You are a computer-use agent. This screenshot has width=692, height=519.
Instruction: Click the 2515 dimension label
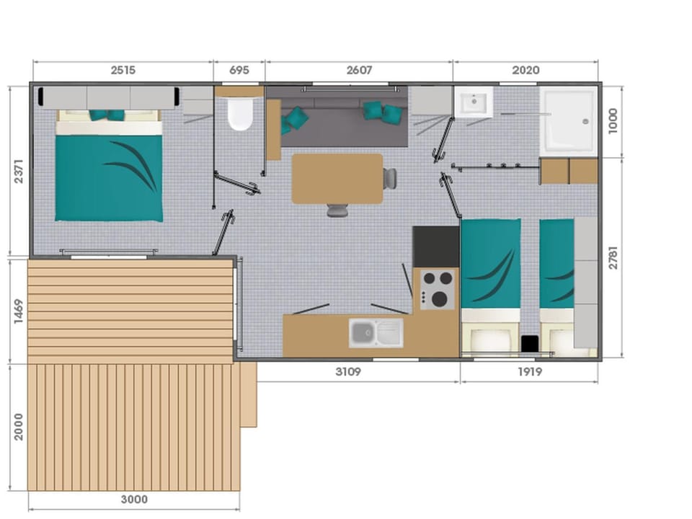[x=123, y=70]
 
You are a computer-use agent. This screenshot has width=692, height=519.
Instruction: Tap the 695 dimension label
[x=239, y=70]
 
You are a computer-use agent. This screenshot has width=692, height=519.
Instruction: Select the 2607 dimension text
[x=359, y=70]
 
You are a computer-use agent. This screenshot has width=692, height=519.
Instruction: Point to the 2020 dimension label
[x=525, y=70]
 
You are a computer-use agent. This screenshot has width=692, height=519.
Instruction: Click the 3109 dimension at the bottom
[x=348, y=372]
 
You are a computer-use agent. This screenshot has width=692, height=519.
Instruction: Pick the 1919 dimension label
[x=530, y=372]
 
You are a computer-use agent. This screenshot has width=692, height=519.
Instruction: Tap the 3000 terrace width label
[x=134, y=499]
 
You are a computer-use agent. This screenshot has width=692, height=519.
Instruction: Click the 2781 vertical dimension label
[x=613, y=258]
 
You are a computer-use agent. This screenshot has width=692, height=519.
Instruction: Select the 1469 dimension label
[x=19, y=311]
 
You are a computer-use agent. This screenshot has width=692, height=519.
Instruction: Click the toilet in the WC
[x=239, y=114]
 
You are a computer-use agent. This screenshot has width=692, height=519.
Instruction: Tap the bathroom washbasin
[x=474, y=102]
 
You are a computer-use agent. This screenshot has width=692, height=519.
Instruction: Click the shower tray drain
[x=585, y=121]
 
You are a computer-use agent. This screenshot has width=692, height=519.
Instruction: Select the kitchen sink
[x=376, y=333]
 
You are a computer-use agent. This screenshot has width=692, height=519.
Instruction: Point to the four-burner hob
[x=438, y=289]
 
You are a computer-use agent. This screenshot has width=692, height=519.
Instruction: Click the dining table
[x=337, y=179]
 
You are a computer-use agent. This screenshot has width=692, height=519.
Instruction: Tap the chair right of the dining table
[x=390, y=178]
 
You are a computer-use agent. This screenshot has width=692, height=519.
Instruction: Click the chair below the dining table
[x=337, y=210]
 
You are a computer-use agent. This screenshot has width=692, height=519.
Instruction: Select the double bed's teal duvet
[x=109, y=177]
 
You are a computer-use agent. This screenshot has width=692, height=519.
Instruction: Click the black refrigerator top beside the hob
[x=435, y=247]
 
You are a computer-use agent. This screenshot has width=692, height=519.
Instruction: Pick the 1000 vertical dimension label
[x=613, y=121]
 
